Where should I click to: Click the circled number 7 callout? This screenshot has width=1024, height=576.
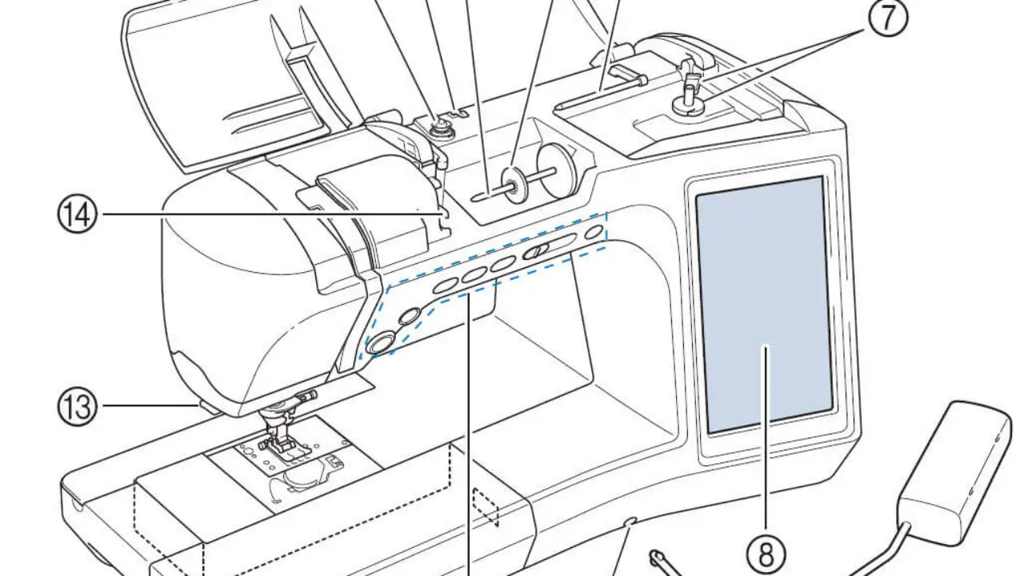[887, 18]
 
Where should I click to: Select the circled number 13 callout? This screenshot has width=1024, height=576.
[78, 407]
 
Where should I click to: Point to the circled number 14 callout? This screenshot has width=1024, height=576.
[78, 214]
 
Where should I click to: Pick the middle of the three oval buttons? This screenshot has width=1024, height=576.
[475, 274]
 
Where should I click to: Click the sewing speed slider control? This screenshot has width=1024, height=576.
[548, 247]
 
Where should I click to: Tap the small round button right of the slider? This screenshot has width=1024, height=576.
[593, 233]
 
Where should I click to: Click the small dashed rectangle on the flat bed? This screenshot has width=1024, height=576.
[486, 506]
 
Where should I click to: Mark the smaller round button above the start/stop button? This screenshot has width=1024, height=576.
[410, 315]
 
